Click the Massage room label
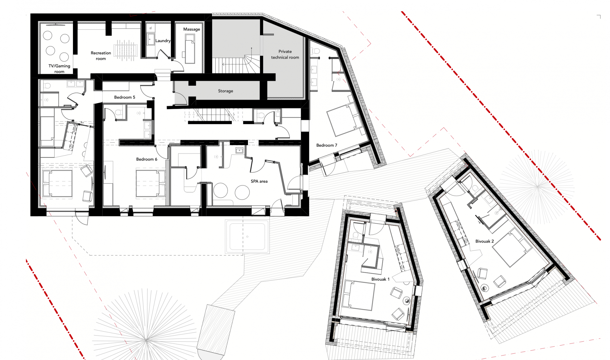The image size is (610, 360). point(192,29)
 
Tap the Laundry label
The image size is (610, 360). point(163,41)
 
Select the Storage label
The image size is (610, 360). point(225,91)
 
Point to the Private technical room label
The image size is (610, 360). point(285,54)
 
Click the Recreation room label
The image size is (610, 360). point(101,56)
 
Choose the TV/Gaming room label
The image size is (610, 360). point(59,69)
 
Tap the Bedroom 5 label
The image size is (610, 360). point(124,97)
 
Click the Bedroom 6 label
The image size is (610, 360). point(147,159)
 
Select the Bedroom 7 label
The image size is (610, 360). point(327,145)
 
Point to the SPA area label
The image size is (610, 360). point(259,181)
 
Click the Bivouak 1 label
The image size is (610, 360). point(380,279)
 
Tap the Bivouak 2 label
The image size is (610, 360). point(484,241)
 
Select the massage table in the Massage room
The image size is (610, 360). point(190,49)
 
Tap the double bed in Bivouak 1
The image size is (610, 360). point(359,295)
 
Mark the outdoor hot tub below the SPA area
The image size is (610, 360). point(247,237)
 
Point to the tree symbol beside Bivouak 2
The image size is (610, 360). point(537,186)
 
